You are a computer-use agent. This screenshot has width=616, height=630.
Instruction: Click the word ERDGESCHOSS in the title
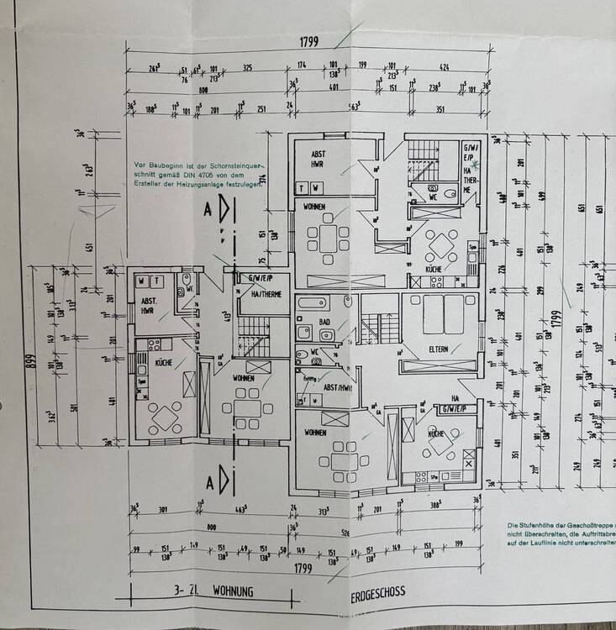[x=377, y=592]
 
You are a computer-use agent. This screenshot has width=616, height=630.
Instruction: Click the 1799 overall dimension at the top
[x=308, y=41]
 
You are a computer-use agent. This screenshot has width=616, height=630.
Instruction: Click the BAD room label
[x=323, y=322]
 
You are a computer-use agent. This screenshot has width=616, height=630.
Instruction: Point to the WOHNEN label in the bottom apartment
[x=315, y=432]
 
